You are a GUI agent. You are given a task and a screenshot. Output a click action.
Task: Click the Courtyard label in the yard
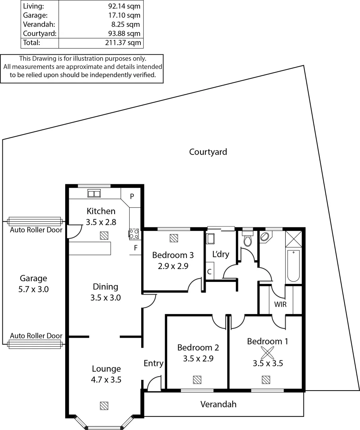click(x=208, y=152)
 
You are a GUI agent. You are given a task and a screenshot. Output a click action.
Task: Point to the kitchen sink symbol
click(x=94, y=194)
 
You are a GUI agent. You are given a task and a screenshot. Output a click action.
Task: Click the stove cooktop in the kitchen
click(x=134, y=234)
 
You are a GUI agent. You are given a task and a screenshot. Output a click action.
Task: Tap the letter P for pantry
click(x=132, y=196)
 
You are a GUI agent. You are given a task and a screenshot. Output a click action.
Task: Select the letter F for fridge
click(x=136, y=247)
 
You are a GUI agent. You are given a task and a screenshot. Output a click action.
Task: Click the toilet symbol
click(x=247, y=240)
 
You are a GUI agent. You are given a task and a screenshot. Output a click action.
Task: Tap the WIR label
click(x=281, y=305)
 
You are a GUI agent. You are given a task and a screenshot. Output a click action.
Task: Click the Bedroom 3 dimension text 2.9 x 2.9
click(x=173, y=266)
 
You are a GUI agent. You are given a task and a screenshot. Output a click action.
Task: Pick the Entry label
click(x=154, y=363)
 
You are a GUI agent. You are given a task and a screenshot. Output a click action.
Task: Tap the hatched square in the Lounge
click(x=104, y=406)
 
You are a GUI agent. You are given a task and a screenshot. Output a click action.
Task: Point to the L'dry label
click(x=221, y=254)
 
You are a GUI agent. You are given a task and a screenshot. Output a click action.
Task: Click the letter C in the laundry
click(x=209, y=272)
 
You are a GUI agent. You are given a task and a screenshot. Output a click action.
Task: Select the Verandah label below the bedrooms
click(x=218, y=405)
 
